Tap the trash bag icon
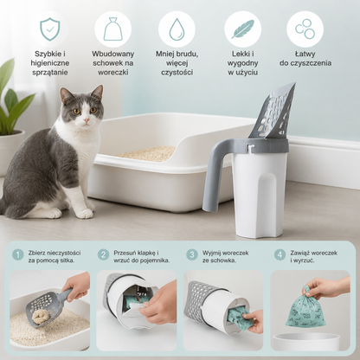(113, 29)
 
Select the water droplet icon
(177, 29)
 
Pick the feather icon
(242, 29)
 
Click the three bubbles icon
(305, 29)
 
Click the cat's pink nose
(87, 119)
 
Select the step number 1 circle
(18, 254)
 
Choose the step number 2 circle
(103, 254)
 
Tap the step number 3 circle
(192, 254)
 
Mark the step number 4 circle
(280, 254)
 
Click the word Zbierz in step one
(36, 253)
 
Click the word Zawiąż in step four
(299, 253)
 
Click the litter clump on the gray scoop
(40, 317)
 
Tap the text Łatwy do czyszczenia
(305, 59)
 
